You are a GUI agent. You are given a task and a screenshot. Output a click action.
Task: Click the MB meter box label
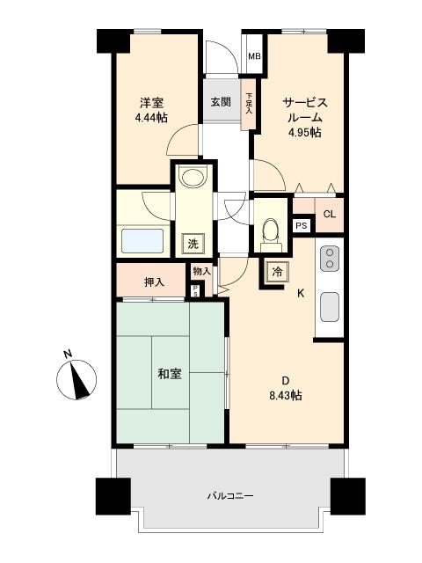253,58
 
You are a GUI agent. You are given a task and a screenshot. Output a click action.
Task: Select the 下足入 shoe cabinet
250,105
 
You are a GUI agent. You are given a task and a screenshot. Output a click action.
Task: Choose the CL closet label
329,215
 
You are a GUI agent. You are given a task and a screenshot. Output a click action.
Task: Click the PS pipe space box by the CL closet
301,226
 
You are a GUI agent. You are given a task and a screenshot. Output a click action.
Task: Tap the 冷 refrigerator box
277,271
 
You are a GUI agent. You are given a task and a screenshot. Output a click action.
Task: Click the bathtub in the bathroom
142,242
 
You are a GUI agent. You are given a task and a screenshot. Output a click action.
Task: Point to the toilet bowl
271,230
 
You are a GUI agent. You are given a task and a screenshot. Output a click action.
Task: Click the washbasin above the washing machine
190,179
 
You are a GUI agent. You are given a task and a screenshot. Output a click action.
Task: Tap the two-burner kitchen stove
330,259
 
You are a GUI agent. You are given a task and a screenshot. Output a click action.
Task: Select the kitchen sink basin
331,307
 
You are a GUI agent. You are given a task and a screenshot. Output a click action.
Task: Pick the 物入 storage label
202,272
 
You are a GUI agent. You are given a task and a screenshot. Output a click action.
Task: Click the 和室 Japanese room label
170,375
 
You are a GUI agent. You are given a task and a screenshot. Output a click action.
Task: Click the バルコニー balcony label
230,495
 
